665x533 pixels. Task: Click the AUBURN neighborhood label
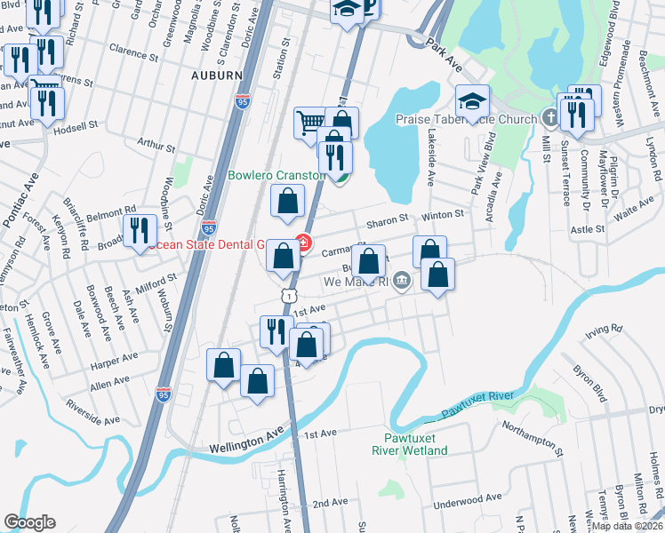click(x=216, y=76)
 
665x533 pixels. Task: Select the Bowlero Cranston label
click(x=277, y=175)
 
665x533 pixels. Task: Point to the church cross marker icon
click(x=550, y=118)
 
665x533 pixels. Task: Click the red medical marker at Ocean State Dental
click(x=303, y=243)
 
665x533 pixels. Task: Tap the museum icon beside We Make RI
click(x=402, y=282)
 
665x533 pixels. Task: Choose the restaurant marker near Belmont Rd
click(x=140, y=231)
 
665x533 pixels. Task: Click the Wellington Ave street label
click(x=246, y=442)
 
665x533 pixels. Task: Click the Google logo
click(x=29, y=522)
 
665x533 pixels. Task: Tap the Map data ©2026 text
click(x=627, y=526)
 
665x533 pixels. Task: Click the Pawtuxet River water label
click(x=480, y=404)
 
